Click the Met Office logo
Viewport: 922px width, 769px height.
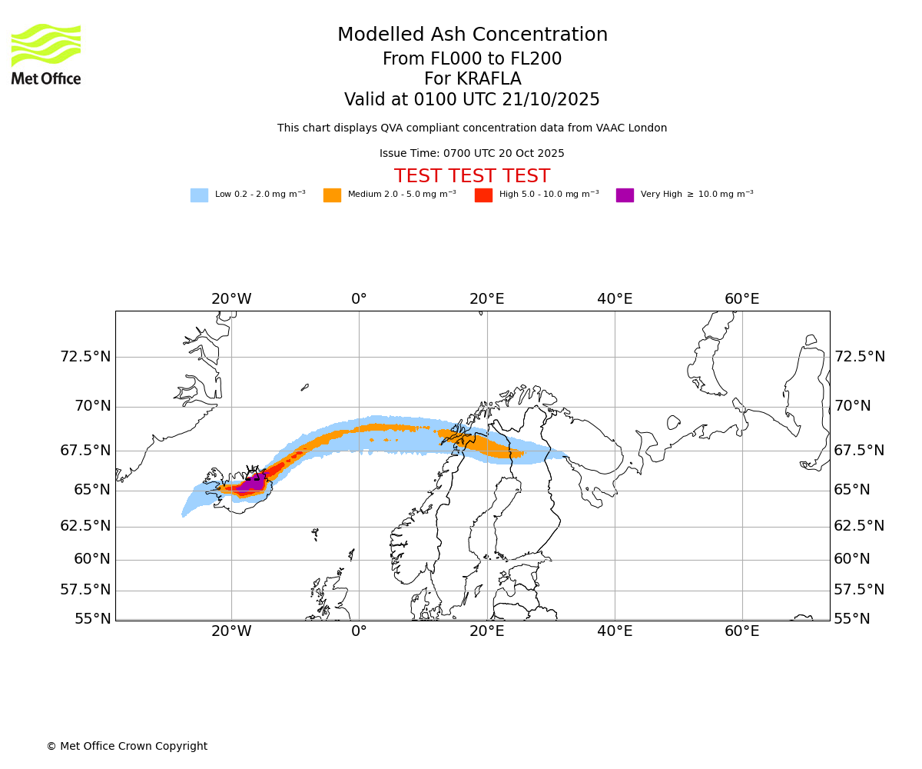pyautogui.click(x=46, y=54)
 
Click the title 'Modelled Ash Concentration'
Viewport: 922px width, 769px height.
pyautogui.click(x=473, y=35)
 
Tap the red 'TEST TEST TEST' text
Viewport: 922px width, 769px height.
pyautogui.click(x=472, y=177)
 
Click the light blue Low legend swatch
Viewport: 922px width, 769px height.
pyautogui.click(x=199, y=195)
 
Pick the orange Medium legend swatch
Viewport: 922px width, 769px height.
pyautogui.click(x=332, y=195)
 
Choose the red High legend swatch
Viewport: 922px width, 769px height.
pyautogui.click(x=483, y=195)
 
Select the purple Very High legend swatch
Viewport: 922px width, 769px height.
pyautogui.click(x=625, y=195)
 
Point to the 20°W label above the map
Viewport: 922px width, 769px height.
pyautogui.click(x=231, y=299)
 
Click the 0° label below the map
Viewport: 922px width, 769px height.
pyautogui.click(x=359, y=631)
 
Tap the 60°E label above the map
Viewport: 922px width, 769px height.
pyautogui.click(x=741, y=299)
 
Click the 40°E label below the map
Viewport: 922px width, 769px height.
pyautogui.click(x=615, y=631)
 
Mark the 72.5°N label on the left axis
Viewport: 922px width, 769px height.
pyautogui.click(x=85, y=357)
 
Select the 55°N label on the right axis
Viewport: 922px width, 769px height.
pyautogui.click(x=852, y=619)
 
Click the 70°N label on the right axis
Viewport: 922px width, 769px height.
pyautogui.click(x=852, y=406)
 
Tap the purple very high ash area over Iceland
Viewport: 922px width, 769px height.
pyautogui.click(x=250, y=484)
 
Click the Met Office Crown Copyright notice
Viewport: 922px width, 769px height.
pyautogui.click(x=127, y=747)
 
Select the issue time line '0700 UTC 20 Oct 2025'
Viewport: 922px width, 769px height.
pyautogui.click(x=472, y=154)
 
